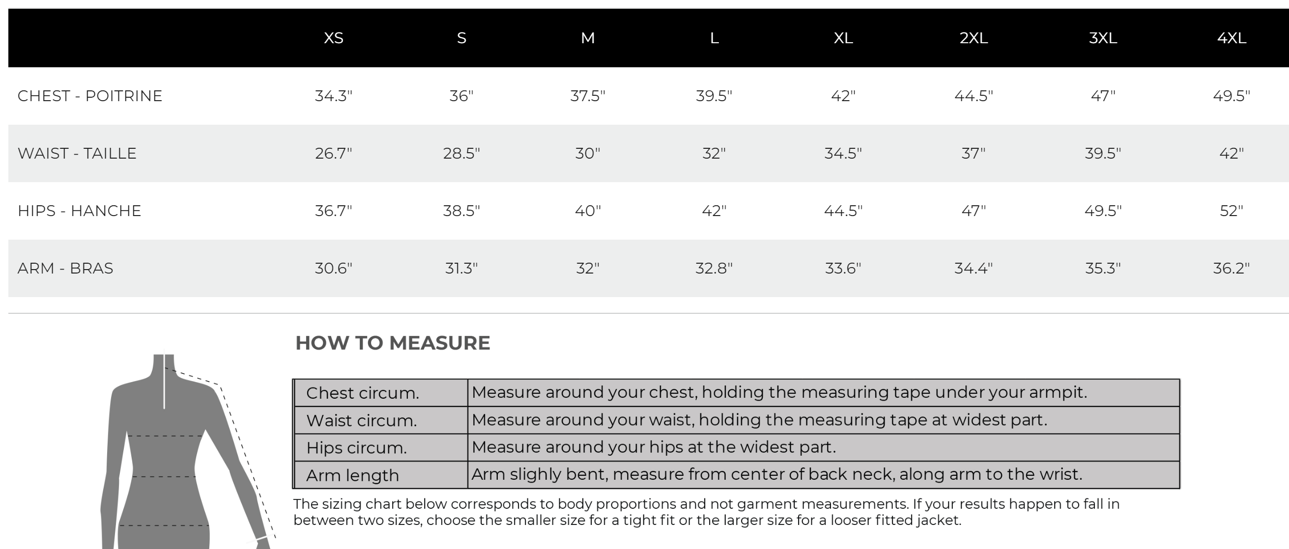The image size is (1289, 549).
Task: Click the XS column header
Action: (x=333, y=38)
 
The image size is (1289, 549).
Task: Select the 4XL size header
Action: (x=1232, y=38)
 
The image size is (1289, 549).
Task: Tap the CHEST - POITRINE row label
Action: (x=90, y=96)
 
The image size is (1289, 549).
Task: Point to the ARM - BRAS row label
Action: (x=65, y=269)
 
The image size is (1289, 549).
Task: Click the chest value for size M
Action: (x=587, y=96)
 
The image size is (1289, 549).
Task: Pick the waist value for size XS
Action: (x=333, y=154)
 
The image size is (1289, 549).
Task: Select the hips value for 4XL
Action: (x=1231, y=211)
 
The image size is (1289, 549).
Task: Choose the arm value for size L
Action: (x=714, y=269)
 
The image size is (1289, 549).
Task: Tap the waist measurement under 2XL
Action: (x=973, y=154)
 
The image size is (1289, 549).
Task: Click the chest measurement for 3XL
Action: (x=1103, y=96)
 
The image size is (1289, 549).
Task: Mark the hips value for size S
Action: (x=461, y=211)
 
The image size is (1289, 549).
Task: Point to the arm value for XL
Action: (x=843, y=269)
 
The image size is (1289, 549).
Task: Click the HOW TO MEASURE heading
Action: (x=393, y=343)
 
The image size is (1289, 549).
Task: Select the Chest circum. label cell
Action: (x=363, y=393)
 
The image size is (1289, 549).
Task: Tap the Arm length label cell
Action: (x=353, y=475)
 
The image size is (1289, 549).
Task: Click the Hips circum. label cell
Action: (x=356, y=448)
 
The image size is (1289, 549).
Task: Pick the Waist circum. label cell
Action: (x=361, y=421)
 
